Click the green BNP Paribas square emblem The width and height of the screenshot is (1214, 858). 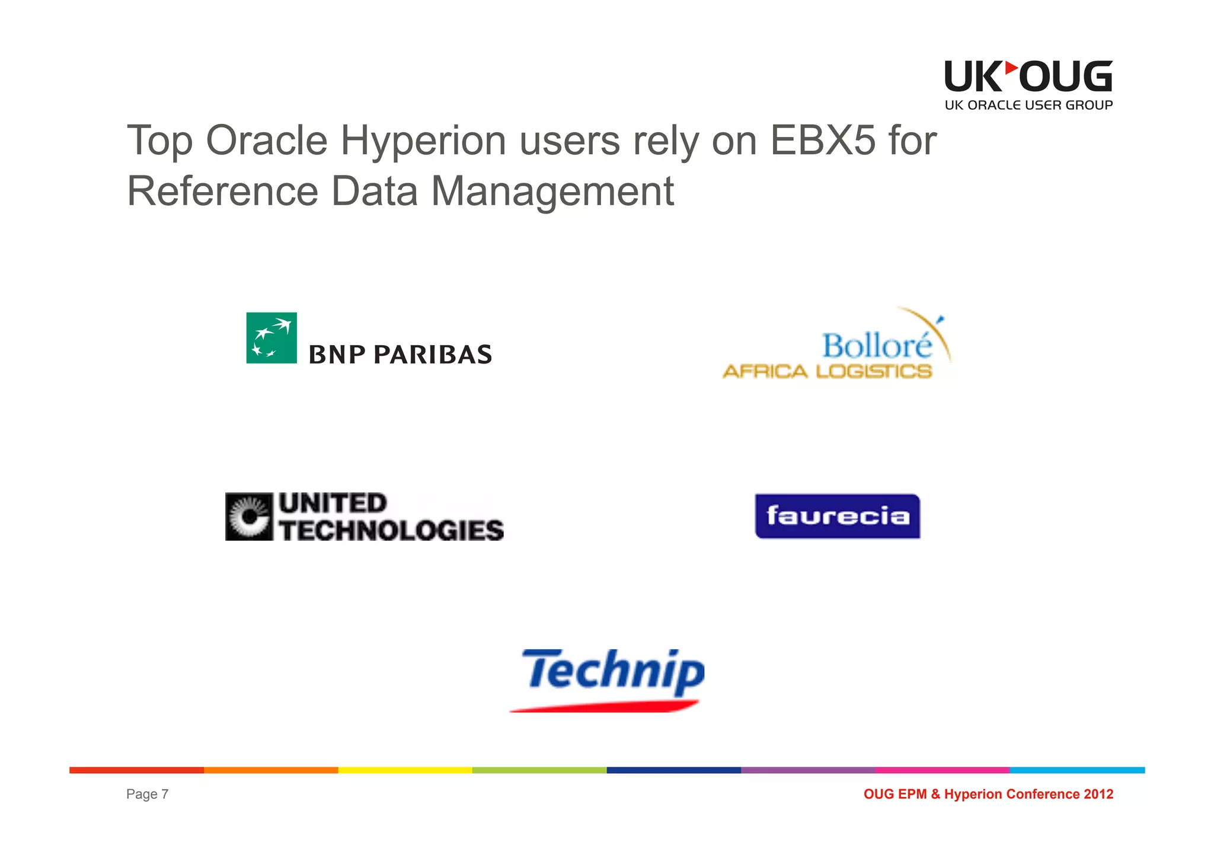pos(271,338)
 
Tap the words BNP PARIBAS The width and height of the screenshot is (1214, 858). pos(400,355)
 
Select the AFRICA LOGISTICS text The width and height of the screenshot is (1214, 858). pos(827,372)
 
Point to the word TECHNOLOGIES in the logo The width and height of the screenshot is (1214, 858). pos(392,530)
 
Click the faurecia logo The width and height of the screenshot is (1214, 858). pos(837,516)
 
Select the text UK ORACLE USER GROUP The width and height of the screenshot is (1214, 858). pos(1028,106)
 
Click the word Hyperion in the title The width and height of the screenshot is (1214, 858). pos(423,141)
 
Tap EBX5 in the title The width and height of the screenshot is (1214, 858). pos(822,141)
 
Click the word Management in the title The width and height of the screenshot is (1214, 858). pos(552,192)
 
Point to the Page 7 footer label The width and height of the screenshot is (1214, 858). pos(147,794)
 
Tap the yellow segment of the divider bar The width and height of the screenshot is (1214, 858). pos(405,770)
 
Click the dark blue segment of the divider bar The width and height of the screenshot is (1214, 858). pos(673,770)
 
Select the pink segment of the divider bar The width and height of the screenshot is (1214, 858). pos(942,770)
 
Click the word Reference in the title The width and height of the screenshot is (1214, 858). pos(223,192)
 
